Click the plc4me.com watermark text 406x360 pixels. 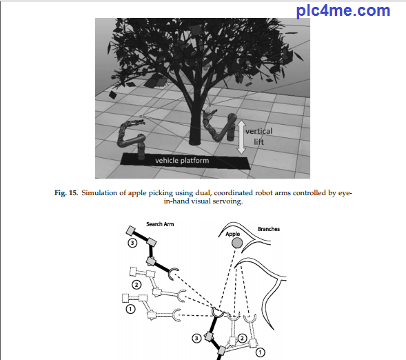[343, 11]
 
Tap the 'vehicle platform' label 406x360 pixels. [182, 161]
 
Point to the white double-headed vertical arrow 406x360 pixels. [241, 137]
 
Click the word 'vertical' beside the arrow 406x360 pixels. [259, 131]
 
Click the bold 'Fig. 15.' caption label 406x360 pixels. [66, 193]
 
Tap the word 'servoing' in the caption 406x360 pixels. [227, 201]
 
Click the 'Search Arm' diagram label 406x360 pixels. [160, 224]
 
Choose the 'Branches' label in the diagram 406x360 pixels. [269, 229]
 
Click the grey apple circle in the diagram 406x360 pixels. [237, 243]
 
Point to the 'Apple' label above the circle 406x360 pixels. [233, 234]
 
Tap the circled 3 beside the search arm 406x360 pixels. [132, 243]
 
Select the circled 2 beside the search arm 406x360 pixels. [136, 285]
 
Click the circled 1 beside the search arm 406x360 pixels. [130, 309]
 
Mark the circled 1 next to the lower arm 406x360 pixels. [261, 352]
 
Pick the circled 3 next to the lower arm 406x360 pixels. [196, 338]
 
